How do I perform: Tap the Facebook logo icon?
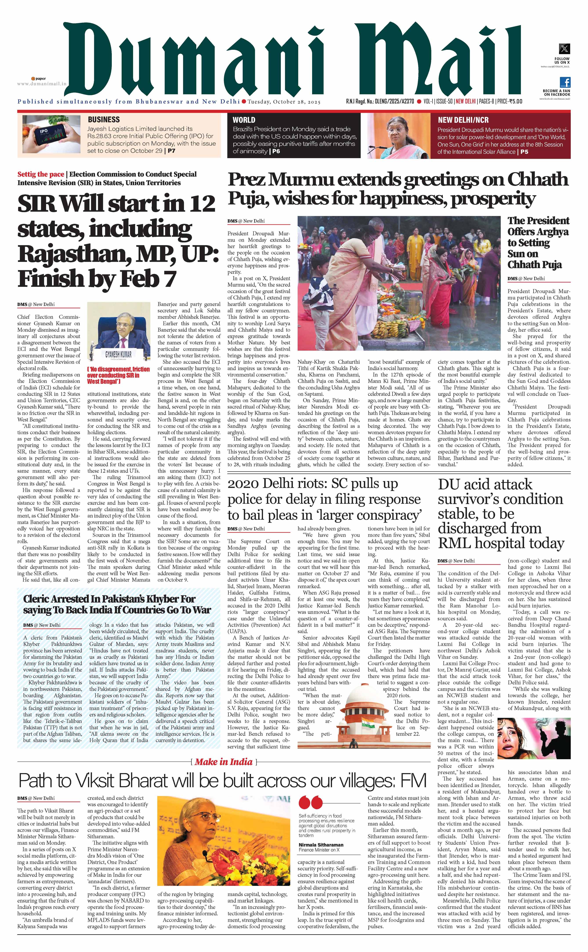click(x=565, y=82)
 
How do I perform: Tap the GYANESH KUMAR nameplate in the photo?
click(x=118, y=354)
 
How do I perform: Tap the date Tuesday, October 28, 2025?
click(x=284, y=102)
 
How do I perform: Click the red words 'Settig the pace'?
click(x=40, y=174)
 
